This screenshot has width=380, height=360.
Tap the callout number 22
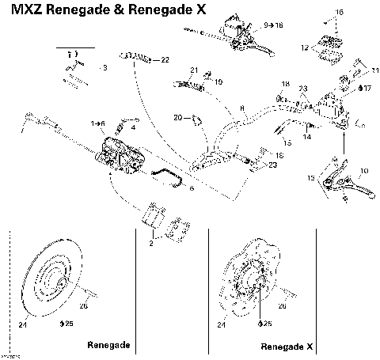[165, 60]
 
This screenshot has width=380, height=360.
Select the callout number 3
[104, 69]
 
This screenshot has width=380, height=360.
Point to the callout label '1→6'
[98, 123]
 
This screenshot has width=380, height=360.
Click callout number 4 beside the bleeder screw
[133, 127]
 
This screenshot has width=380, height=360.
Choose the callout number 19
[218, 81]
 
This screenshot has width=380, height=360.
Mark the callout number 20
[177, 118]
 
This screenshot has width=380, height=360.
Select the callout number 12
[303, 47]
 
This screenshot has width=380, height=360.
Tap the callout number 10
[363, 171]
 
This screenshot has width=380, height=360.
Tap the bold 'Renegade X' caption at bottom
[287, 347]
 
